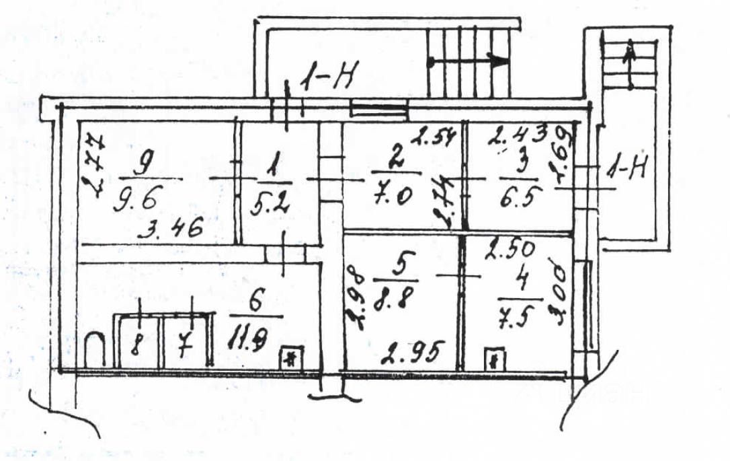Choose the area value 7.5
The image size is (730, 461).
[x=520, y=316]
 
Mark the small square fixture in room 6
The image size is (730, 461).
[x=291, y=357]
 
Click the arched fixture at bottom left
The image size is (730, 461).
[x=96, y=350]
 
